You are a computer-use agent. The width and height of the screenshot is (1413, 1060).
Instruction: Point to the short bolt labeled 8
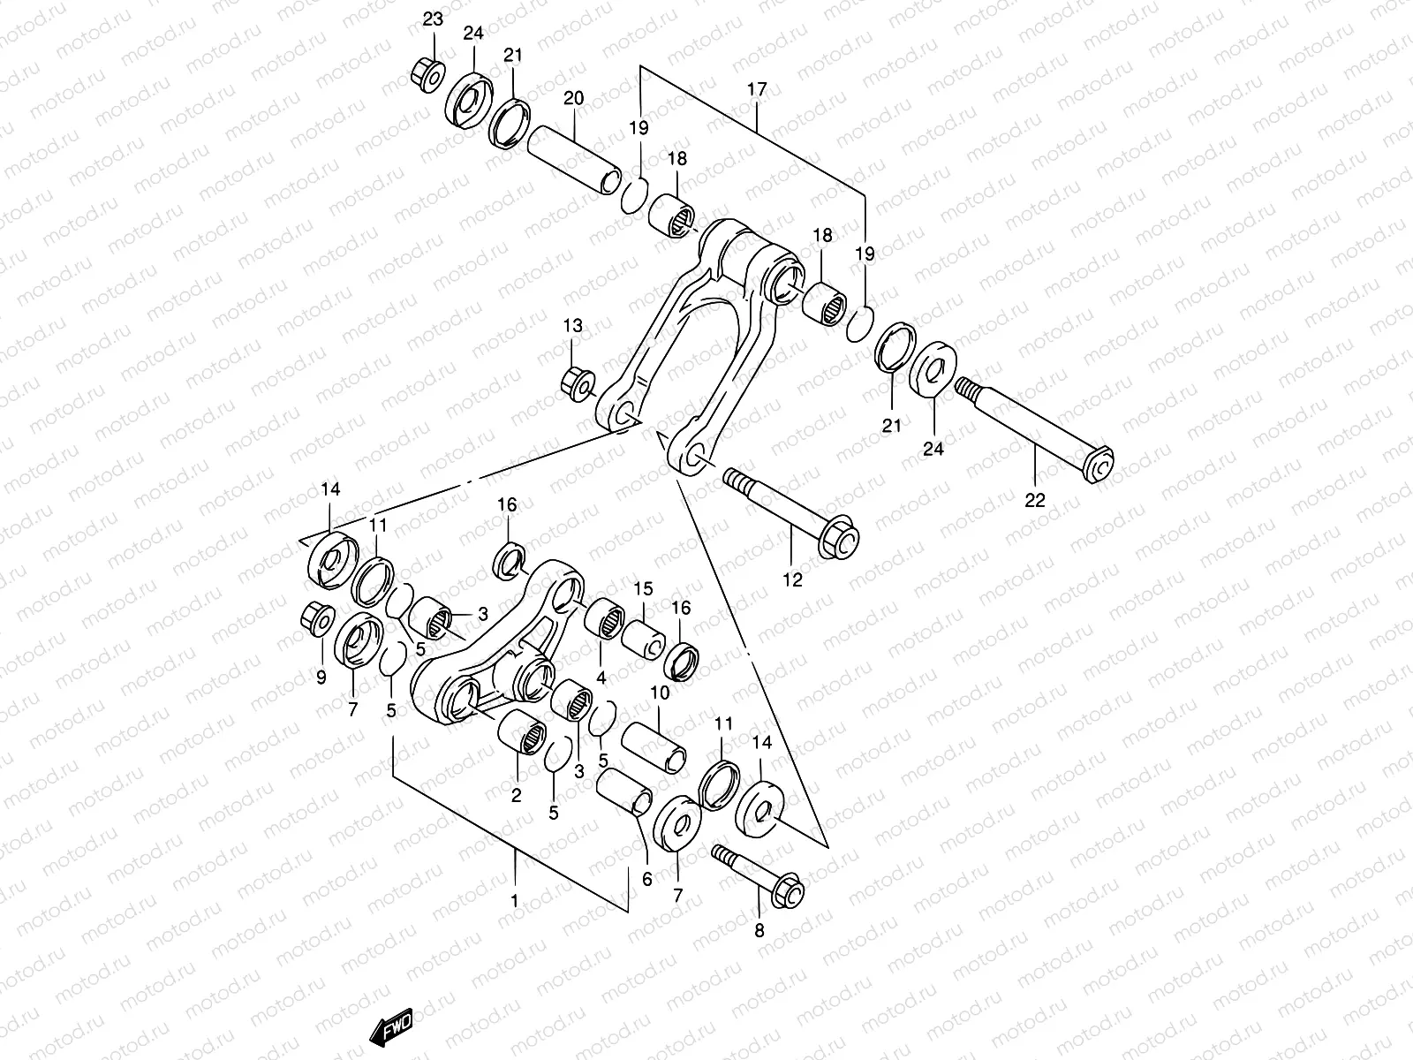pyautogui.click(x=759, y=874)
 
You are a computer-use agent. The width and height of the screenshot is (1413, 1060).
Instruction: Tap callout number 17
pyautogui.click(x=757, y=89)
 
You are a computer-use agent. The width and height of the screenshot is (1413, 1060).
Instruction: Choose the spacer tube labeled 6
pyautogui.click(x=624, y=792)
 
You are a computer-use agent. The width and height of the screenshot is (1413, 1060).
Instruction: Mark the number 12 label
pyautogui.click(x=792, y=579)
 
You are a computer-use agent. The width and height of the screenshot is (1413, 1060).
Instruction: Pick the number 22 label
pyautogui.click(x=1034, y=500)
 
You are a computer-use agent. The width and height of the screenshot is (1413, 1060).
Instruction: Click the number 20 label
pyautogui.click(x=573, y=98)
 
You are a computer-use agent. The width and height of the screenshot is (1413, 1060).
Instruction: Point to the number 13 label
pyautogui.click(x=573, y=327)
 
